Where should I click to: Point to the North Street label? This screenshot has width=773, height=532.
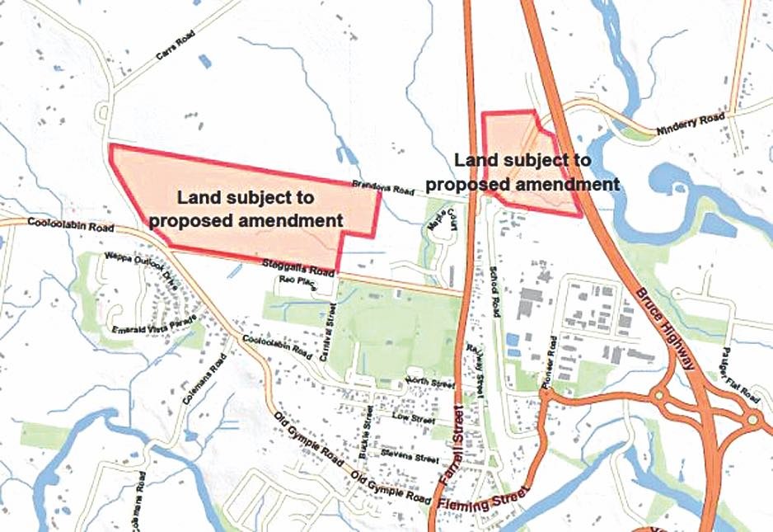(x=430, y=384)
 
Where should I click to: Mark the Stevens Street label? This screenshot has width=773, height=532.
(x=410, y=457)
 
